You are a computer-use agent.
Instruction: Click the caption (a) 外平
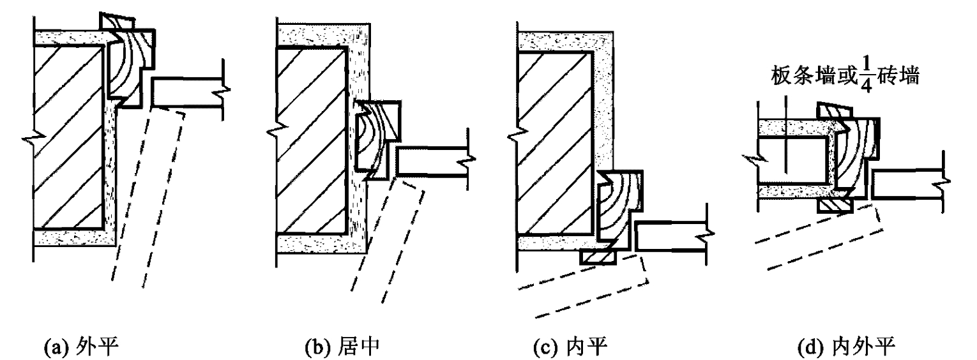point(81,348)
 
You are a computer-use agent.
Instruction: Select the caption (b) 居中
point(342,348)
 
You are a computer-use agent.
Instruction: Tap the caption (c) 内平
point(570,348)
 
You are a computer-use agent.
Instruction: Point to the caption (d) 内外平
point(846,348)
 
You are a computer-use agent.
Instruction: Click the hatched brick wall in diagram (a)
point(69,137)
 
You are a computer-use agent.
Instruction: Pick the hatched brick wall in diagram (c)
point(556,144)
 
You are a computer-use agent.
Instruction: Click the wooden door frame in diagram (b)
point(378,138)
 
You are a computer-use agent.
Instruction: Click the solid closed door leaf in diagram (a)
point(188,92)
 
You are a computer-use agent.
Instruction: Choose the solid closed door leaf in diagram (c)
point(671,237)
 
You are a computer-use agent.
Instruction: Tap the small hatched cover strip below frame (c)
point(598,257)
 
